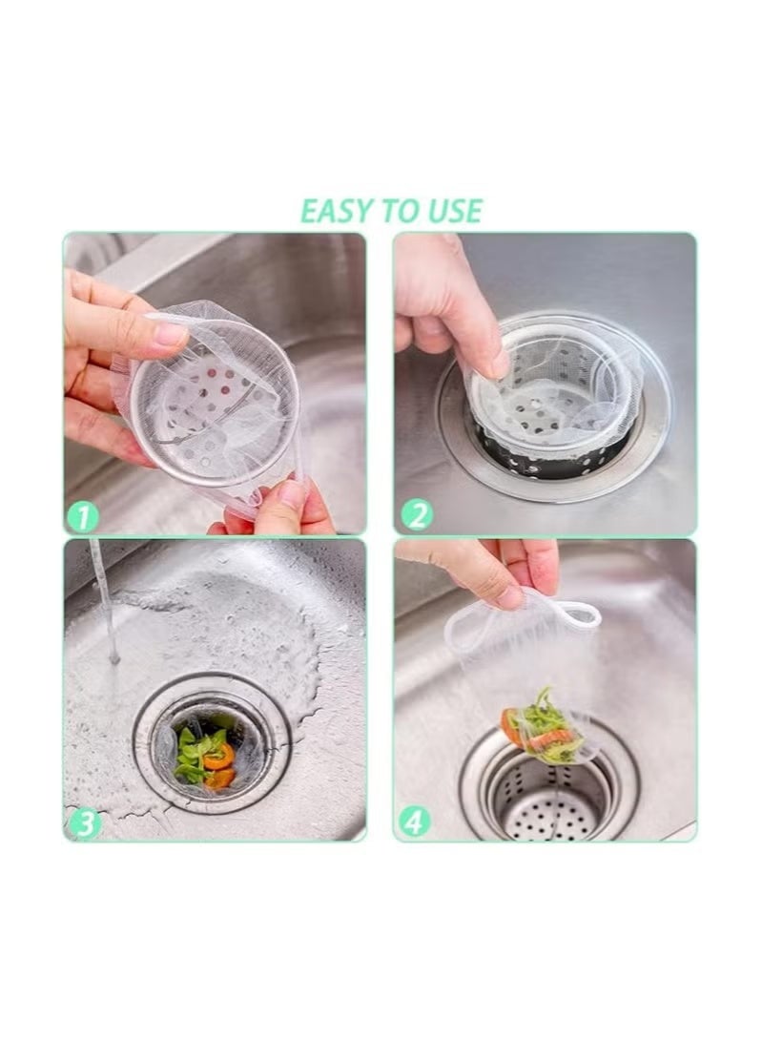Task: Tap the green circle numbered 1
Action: click(x=83, y=516)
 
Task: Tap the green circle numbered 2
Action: click(x=415, y=515)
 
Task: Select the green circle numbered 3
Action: click(x=84, y=822)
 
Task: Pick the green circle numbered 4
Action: click(x=415, y=822)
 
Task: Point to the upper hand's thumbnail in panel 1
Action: click(x=171, y=333)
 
